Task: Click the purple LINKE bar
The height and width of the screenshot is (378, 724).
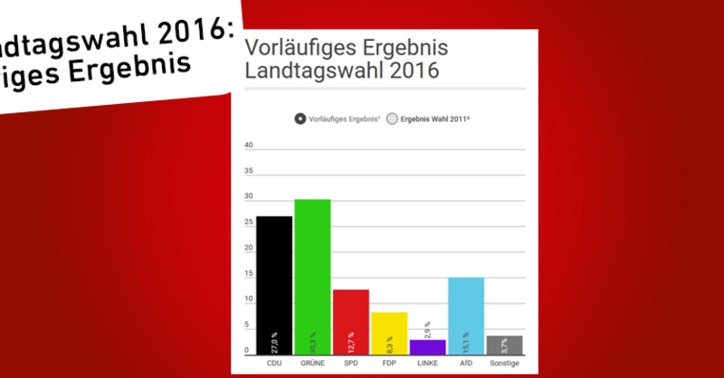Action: click(x=427, y=347)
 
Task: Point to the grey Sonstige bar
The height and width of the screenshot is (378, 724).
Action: click(x=504, y=345)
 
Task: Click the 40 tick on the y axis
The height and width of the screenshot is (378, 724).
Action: click(x=249, y=145)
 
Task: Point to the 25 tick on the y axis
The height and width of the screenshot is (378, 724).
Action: click(x=249, y=222)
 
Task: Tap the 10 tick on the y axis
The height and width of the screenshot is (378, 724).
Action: click(x=249, y=300)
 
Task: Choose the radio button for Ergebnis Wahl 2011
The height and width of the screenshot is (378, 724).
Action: click(x=392, y=118)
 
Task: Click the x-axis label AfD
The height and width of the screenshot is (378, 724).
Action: click(x=465, y=364)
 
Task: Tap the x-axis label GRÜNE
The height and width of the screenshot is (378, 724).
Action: click(x=312, y=364)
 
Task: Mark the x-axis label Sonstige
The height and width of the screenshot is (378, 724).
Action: click(x=504, y=364)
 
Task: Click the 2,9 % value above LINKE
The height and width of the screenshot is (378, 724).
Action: click(x=427, y=330)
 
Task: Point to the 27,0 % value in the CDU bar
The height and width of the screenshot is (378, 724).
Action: click(x=274, y=343)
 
